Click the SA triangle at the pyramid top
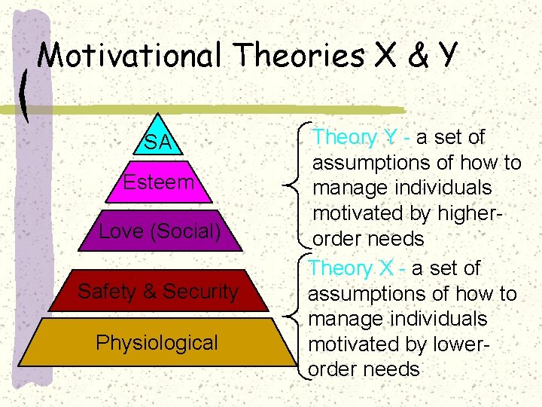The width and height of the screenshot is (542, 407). tap(158, 140)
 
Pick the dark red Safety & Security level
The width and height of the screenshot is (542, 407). tap(158, 292)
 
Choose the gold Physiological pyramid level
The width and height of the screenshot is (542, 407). tap(157, 343)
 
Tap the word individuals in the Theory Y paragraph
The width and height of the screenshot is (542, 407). tap(439, 188)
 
